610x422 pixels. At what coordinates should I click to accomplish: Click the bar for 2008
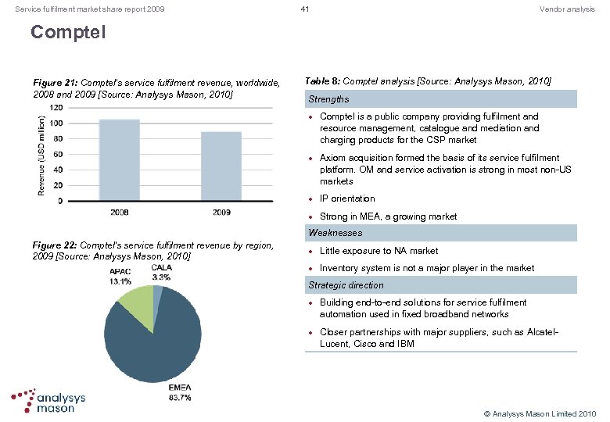point(120,159)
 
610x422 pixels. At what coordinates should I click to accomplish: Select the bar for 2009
point(221,166)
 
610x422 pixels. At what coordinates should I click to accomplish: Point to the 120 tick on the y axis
point(56,107)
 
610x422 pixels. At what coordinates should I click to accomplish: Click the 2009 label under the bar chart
point(221,212)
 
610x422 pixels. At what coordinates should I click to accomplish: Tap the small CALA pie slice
point(159,292)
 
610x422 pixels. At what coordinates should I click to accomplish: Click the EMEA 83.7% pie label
point(179,393)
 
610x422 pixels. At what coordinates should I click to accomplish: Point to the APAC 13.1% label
point(120,277)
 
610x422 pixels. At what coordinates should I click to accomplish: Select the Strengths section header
point(328,99)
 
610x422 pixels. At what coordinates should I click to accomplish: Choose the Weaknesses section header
point(335,233)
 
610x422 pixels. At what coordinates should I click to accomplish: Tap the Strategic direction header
point(346,285)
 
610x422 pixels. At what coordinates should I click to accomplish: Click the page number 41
point(305,9)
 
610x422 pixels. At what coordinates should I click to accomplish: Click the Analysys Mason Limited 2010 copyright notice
point(540,413)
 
